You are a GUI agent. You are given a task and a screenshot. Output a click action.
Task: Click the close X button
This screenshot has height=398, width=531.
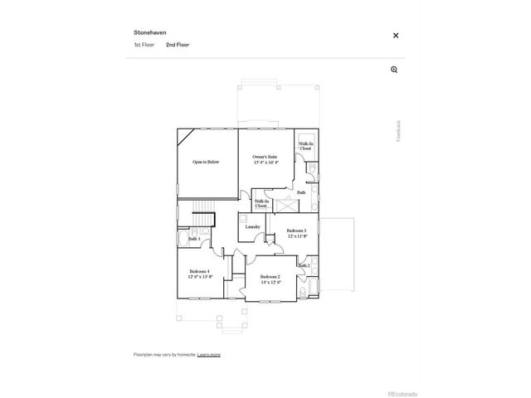396,36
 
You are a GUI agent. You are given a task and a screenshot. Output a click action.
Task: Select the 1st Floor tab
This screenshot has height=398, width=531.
144,45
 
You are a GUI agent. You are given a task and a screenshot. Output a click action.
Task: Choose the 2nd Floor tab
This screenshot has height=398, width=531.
178,45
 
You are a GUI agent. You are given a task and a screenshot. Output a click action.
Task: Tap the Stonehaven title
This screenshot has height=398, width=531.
150,33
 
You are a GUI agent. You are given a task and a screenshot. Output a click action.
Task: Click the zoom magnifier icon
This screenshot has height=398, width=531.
394,70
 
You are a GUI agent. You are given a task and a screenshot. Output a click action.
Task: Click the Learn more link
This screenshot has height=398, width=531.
209,354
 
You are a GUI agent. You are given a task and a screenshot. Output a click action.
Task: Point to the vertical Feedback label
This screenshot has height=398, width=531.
398,131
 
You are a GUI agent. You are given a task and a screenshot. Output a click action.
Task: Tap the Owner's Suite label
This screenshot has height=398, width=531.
265,156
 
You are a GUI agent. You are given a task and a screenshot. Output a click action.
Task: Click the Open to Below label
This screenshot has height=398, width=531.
206,162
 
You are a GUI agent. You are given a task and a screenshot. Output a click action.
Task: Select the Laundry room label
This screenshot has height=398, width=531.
253,226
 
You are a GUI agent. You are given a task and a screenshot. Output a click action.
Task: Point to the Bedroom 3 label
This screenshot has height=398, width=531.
297,231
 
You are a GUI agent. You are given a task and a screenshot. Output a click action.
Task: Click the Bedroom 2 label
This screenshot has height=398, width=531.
270,277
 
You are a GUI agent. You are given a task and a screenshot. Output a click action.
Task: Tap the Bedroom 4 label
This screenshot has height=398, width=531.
199,271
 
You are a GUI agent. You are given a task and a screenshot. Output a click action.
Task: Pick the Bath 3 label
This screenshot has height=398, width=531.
192,240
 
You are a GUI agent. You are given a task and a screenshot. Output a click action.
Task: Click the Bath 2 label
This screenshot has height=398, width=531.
304,266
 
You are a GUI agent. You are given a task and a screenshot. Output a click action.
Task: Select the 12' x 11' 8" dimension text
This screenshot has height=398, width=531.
298,236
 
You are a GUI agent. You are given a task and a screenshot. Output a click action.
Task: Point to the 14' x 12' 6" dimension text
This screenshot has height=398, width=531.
270,283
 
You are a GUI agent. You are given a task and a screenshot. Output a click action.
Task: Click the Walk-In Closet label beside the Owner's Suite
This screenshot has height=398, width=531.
305,146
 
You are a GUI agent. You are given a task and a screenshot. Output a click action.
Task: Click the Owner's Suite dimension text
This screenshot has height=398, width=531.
265,162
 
